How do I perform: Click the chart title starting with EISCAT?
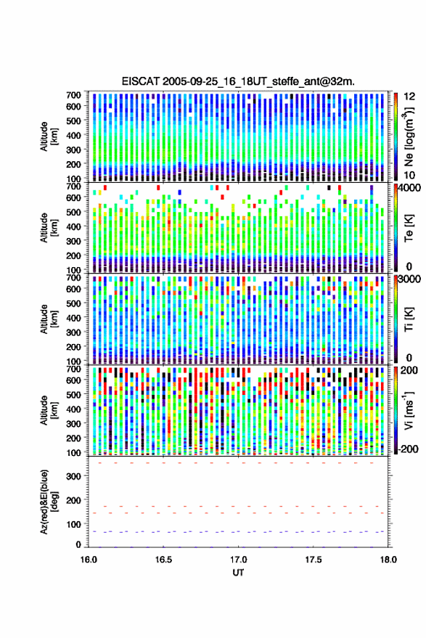pyautogui.click(x=238, y=81)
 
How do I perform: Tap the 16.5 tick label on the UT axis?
pyautogui.click(x=163, y=560)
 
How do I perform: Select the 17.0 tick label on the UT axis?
pyautogui.click(x=239, y=560)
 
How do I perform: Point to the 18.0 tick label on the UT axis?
pyautogui.click(x=388, y=560)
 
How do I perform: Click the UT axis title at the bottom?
pyautogui.click(x=239, y=573)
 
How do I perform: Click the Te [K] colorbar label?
pyautogui.click(x=409, y=228)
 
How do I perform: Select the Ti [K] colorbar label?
pyautogui.click(x=409, y=319)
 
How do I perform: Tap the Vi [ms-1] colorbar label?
pyautogui.click(x=409, y=410)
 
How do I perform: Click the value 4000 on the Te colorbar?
pyautogui.click(x=409, y=189)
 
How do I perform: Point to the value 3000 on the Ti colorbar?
pyautogui.click(x=409, y=279)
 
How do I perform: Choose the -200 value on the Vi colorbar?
pyautogui.click(x=407, y=449)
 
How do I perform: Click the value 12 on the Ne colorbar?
pyautogui.click(x=410, y=97)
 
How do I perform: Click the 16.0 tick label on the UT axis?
pyautogui.click(x=89, y=560)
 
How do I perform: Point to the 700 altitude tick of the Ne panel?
pyautogui.click(x=73, y=95)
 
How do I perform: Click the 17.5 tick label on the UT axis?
pyautogui.click(x=314, y=560)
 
